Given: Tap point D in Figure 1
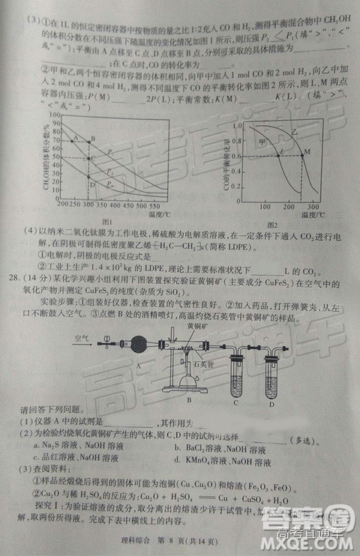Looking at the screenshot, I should coord(88,184).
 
